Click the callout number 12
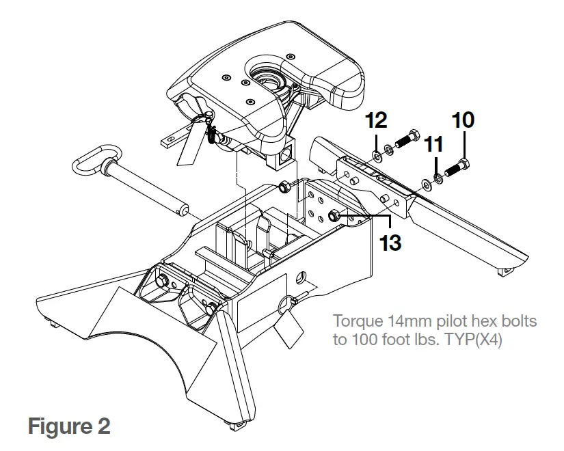tap(376, 121)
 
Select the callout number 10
tap(462, 120)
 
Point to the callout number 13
tap(390, 242)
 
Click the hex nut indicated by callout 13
tap(334, 217)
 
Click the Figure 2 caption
tap(68, 426)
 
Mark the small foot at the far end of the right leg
tap(506, 273)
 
